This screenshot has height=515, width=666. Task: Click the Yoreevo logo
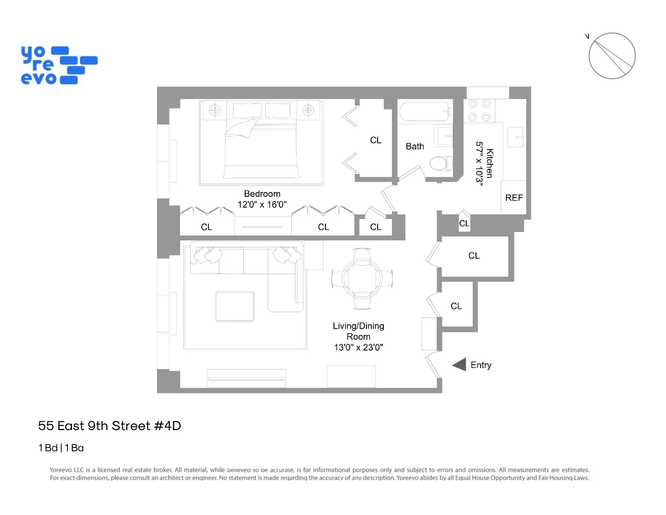pos(59,65)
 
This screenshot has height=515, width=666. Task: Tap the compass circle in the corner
pos(612,56)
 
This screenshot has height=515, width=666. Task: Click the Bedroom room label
pos(262,194)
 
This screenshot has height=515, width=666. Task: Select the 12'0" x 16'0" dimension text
pos(262,205)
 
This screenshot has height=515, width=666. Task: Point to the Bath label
pos(415,147)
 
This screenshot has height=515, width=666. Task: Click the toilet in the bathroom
pos(440,164)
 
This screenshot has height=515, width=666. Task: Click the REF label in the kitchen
pos(514,198)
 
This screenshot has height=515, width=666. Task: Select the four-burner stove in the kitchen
pos(479,110)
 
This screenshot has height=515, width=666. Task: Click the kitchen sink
pos(515,137)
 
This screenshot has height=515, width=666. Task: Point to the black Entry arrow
pos(459,365)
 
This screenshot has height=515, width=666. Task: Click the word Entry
pos(481,365)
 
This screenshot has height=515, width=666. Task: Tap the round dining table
pos(362,278)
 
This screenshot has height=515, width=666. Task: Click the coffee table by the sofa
pos(235,307)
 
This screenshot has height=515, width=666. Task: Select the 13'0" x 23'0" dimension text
pos(358,347)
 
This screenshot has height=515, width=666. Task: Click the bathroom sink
pos(444,136)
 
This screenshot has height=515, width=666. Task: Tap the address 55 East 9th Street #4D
pos(109,426)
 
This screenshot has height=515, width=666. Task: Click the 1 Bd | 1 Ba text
pos(61,448)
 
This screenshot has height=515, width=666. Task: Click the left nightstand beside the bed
pos(215,110)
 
